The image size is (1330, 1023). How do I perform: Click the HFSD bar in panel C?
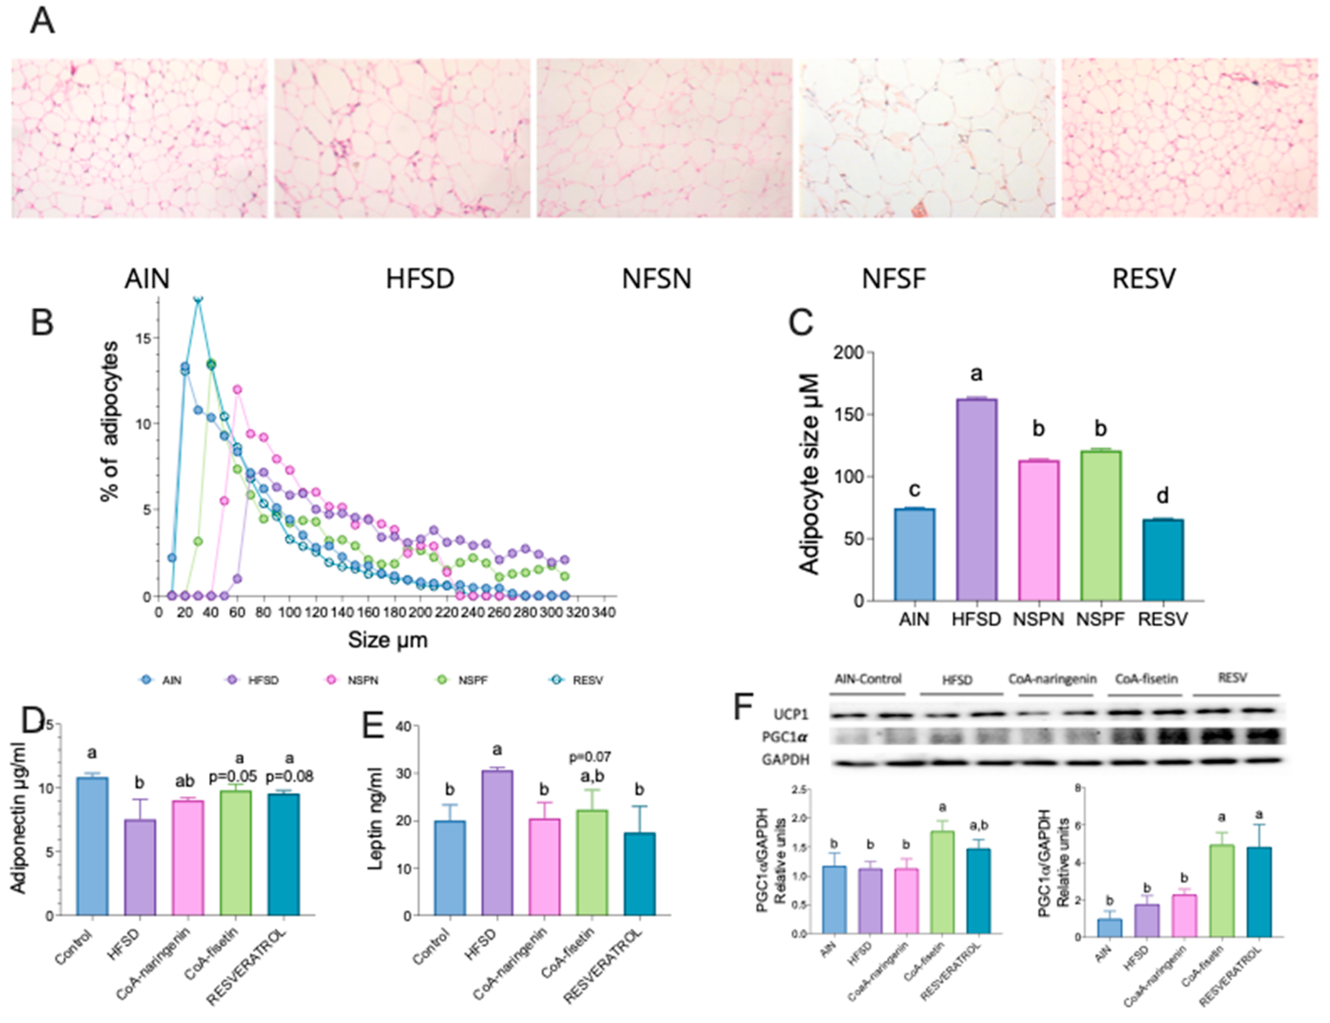pos(976,499)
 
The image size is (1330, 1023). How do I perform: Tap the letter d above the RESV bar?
pos(1162,496)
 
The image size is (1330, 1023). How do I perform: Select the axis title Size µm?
pos(387,639)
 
